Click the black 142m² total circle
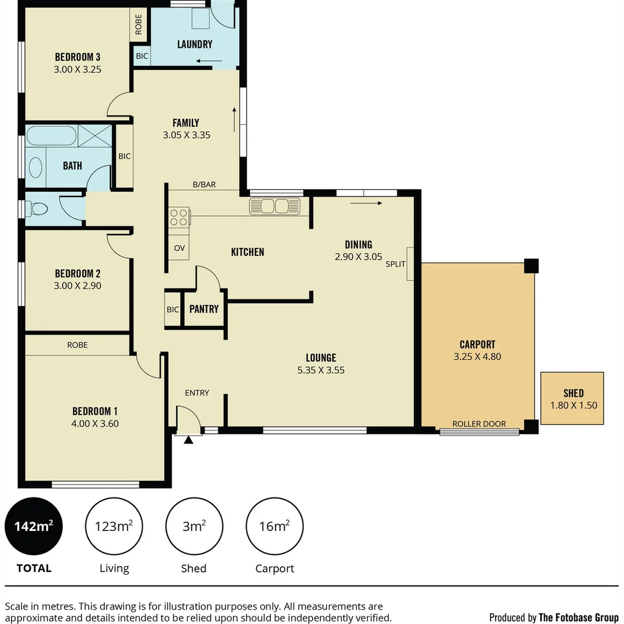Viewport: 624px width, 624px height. click(34, 526)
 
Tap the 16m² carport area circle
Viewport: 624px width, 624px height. click(274, 526)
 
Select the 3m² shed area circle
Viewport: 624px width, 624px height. click(194, 526)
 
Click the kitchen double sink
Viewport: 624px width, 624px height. click(275, 206)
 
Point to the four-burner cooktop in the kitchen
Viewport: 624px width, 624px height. click(179, 217)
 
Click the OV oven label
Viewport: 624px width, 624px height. click(179, 248)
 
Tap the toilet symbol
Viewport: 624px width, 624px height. click(37, 209)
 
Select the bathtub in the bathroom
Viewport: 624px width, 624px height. click(51, 136)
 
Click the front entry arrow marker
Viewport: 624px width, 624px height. click(188, 440)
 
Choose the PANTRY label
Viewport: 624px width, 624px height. click(204, 309)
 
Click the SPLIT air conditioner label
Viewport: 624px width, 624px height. click(396, 264)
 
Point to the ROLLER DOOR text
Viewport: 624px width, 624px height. click(479, 424)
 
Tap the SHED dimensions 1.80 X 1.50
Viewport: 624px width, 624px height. click(573, 405)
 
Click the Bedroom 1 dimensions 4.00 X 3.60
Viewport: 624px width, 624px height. click(95, 423)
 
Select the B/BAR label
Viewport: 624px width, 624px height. click(204, 185)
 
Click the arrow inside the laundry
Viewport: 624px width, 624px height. click(209, 61)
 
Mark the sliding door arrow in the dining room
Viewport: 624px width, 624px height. click(366, 203)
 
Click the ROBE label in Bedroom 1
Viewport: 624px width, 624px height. click(77, 345)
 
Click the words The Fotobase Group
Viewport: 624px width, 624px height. click(578, 617)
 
